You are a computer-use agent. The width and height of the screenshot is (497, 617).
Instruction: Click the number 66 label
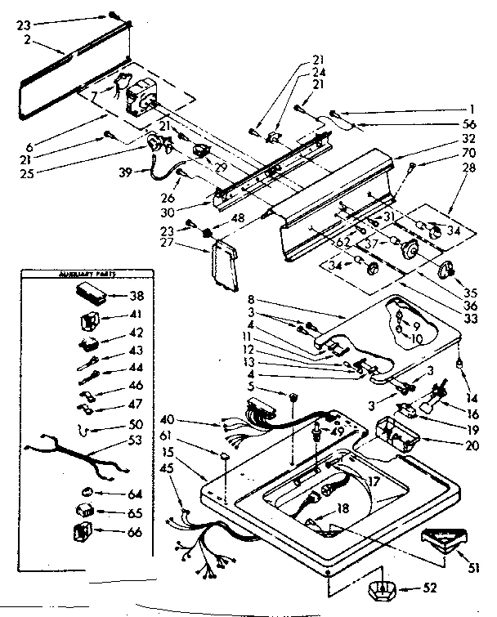pyautogui.click(x=135, y=533)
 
